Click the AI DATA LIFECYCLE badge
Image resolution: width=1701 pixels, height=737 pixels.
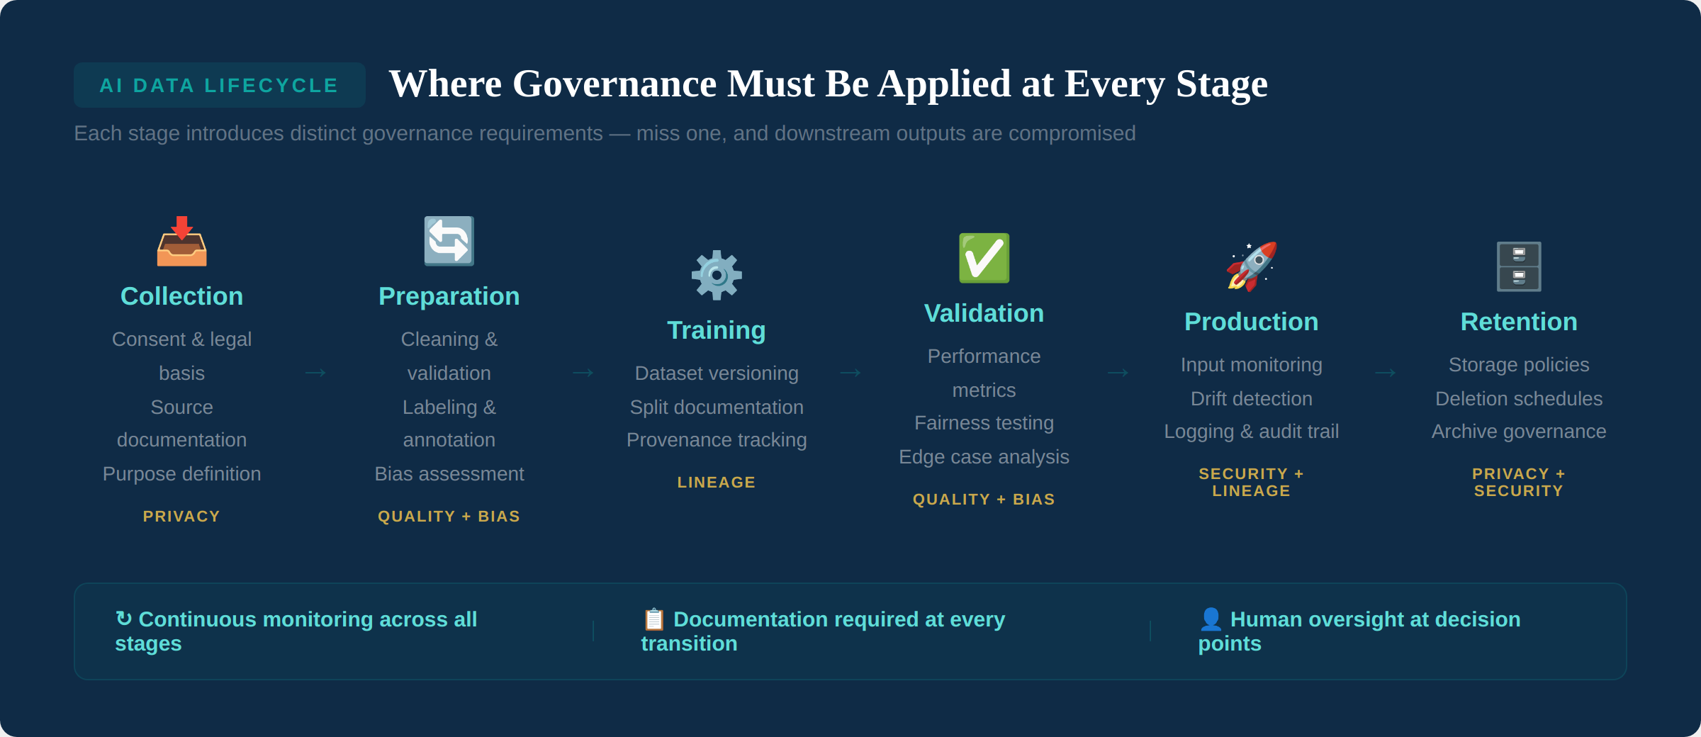click(x=219, y=85)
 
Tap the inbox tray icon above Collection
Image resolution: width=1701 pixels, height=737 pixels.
click(x=181, y=242)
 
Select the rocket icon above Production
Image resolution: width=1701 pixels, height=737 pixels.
click(x=1251, y=266)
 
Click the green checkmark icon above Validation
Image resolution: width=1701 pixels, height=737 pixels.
click(x=984, y=258)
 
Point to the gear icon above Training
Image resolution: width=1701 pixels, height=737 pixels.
click(x=717, y=275)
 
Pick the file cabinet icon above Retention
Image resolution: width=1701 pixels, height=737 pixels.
click(x=1518, y=266)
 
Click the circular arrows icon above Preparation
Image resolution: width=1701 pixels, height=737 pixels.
click(x=449, y=242)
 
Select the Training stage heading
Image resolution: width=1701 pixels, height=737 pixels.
click(x=716, y=330)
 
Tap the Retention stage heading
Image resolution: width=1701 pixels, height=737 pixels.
click(x=1518, y=322)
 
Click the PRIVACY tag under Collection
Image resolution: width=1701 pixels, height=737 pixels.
click(x=181, y=517)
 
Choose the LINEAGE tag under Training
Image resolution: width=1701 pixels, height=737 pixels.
click(x=716, y=483)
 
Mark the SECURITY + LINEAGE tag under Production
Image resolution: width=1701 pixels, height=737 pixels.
click(x=1251, y=483)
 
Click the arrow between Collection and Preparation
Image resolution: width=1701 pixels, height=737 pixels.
click(x=315, y=373)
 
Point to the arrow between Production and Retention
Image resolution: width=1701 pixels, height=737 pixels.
click(x=1385, y=373)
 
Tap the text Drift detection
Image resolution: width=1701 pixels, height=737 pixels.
click(x=1251, y=398)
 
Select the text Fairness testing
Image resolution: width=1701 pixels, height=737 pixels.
click(x=984, y=423)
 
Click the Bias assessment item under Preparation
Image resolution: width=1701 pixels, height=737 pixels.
click(x=449, y=473)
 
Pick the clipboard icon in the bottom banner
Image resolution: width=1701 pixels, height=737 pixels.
click(x=653, y=619)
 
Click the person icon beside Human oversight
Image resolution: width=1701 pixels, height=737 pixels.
click(x=1211, y=619)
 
